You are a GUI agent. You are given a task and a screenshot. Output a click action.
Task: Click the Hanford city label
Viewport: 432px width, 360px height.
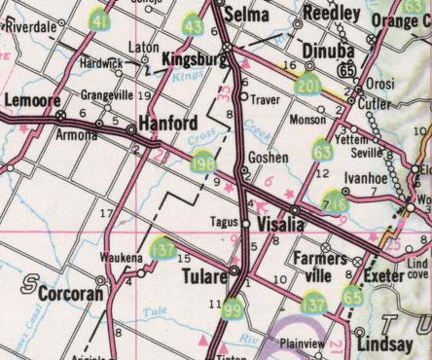coord(168,124)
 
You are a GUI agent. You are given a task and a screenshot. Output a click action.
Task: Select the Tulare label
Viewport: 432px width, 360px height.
coord(204,277)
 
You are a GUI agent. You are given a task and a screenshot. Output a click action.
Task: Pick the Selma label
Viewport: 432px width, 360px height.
coord(245,15)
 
